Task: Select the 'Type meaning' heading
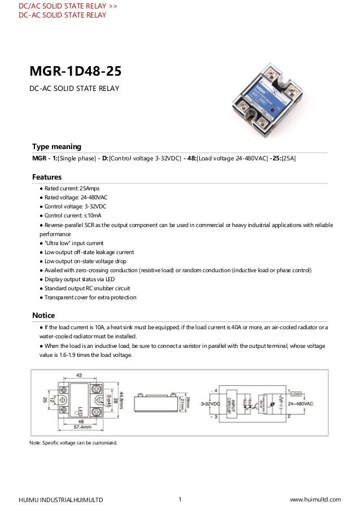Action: pos(57,146)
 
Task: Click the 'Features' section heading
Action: pos(47,177)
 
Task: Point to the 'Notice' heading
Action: pos(43,315)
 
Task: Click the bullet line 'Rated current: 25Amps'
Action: pos(73,188)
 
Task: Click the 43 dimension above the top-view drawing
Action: pos(78,376)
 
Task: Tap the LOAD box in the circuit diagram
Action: pos(296,390)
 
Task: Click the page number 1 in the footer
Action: pos(179,499)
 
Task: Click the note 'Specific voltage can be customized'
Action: pos(73,443)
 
